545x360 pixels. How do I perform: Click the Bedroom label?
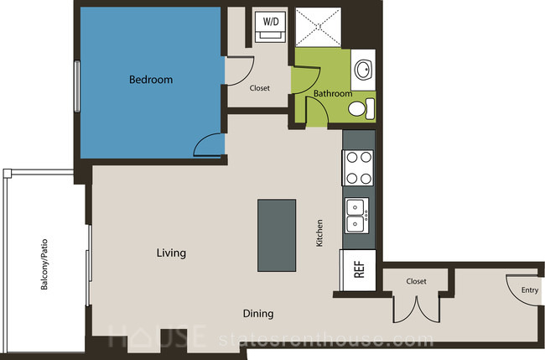(151, 80)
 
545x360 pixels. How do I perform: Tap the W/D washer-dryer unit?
(271, 27)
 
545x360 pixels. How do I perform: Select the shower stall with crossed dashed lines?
(318, 27)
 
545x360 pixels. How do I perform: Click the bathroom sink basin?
(363, 70)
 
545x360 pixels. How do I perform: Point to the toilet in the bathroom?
(361, 108)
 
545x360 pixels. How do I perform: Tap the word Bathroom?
(333, 93)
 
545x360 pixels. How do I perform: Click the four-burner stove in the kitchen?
(358, 168)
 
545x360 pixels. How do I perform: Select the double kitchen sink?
(357, 216)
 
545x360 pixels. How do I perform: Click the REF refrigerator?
(358, 270)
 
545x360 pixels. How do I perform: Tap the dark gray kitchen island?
(277, 235)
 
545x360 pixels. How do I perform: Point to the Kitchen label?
(319, 232)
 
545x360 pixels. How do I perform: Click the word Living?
(171, 253)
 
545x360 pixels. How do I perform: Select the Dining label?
(258, 314)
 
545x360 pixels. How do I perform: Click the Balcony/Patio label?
(44, 264)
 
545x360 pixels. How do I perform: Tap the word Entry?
(530, 290)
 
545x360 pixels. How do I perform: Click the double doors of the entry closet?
(417, 310)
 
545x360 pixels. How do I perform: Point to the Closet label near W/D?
(260, 88)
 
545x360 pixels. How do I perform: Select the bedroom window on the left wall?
(77, 86)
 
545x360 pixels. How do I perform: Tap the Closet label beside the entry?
(416, 281)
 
